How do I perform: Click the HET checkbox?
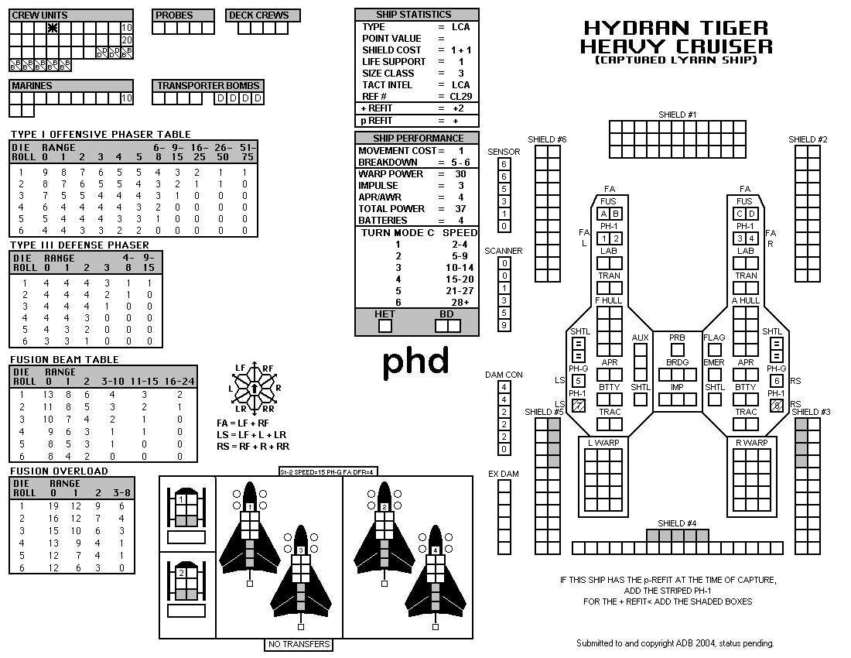click(x=384, y=326)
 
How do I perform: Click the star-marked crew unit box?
click(x=53, y=28)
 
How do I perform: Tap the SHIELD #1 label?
click(x=678, y=115)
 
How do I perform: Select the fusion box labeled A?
click(x=603, y=214)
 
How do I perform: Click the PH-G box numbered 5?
click(x=579, y=381)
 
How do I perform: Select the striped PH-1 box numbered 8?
click(x=777, y=406)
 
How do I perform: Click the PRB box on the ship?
click(x=678, y=350)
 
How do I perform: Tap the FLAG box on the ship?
click(x=715, y=350)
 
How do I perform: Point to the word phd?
click(x=416, y=361)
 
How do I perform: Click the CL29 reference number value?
click(x=461, y=97)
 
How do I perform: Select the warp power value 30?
click(x=461, y=173)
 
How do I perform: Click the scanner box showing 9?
click(x=504, y=325)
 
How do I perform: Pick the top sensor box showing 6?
click(x=504, y=164)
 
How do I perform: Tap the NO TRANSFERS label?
click(x=299, y=644)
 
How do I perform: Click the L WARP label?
click(x=603, y=443)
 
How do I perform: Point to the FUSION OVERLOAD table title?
click(x=59, y=471)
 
